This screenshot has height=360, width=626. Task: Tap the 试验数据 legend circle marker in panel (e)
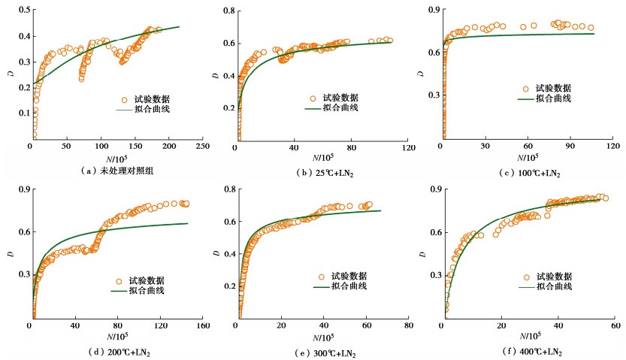pyautogui.click(x=320, y=277)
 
